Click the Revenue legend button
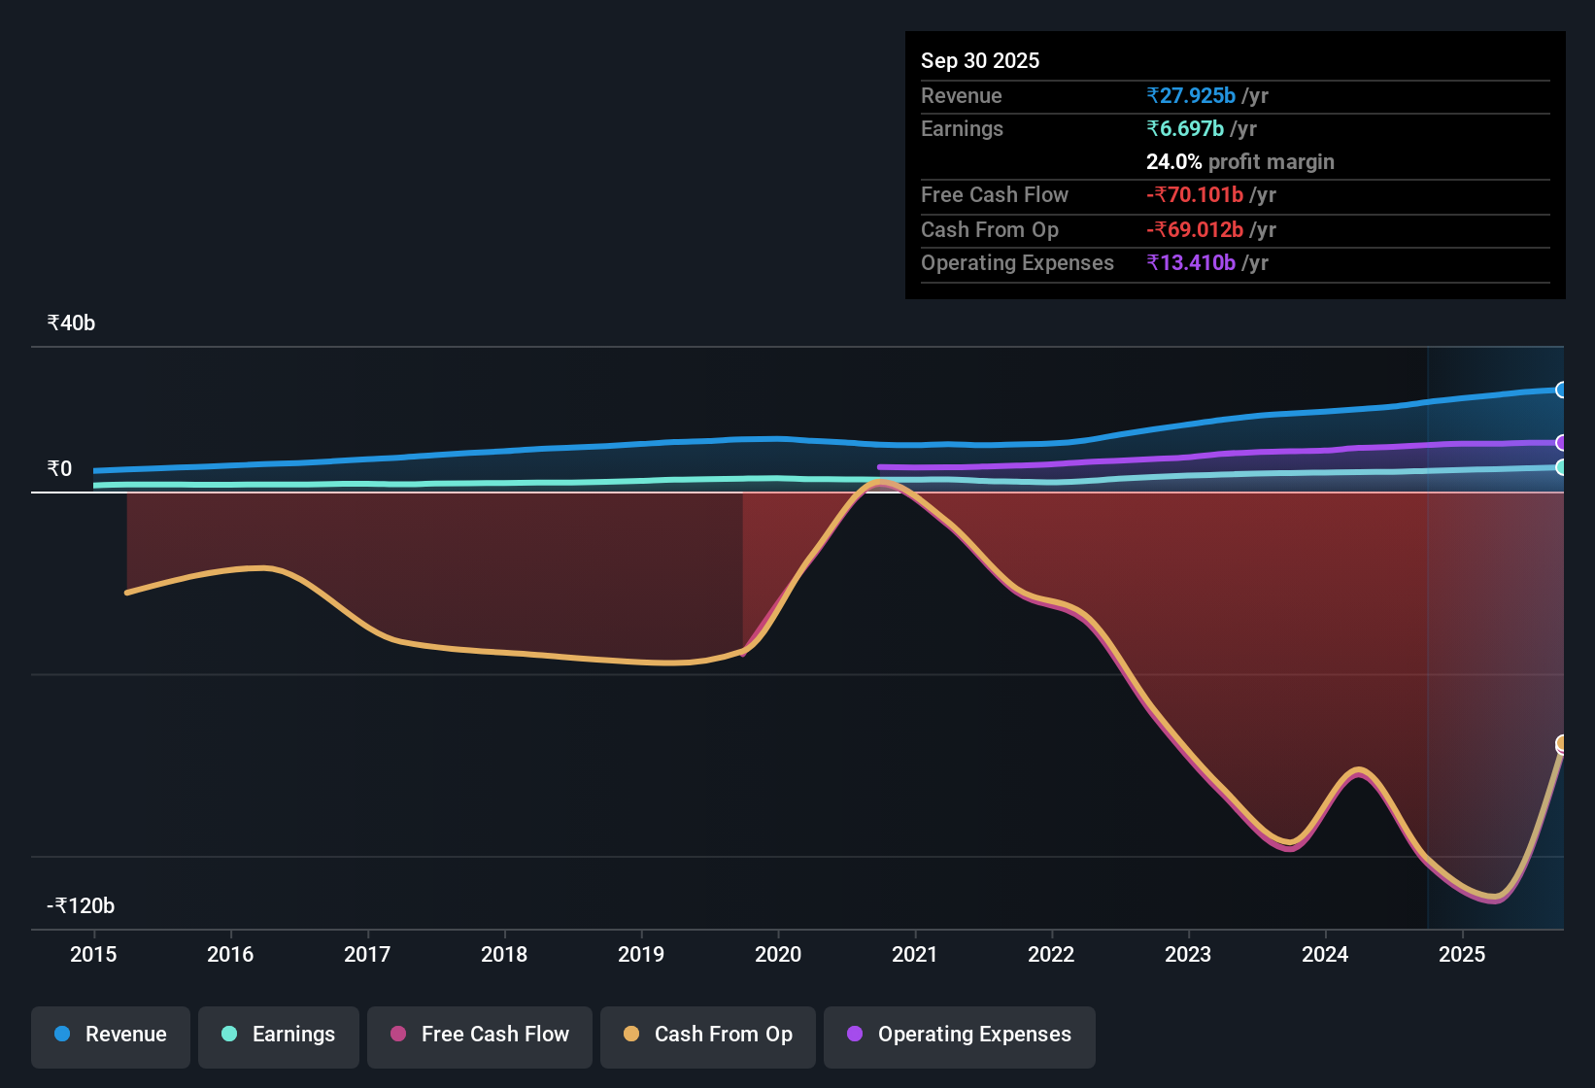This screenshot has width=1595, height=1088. (111, 1035)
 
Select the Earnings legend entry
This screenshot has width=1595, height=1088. (279, 1035)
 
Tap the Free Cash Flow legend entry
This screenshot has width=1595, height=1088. (480, 1035)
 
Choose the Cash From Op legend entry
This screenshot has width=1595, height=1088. (708, 1035)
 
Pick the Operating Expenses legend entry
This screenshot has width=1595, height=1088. (960, 1035)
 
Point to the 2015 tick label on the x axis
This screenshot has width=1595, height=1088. (93, 954)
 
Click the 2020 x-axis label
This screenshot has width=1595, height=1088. (778, 954)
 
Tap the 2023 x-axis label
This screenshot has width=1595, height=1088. (1188, 954)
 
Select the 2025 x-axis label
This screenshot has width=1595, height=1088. (1462, 954)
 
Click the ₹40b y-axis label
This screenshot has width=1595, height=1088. (71, 323)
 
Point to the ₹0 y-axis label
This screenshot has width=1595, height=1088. (59, 469)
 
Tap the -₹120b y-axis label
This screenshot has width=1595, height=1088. (81, 906)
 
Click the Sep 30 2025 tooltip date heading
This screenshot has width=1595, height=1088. (980, 60)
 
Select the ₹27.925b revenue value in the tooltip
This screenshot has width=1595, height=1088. (1191, 95)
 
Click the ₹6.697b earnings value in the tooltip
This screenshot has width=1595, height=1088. (1185, 128)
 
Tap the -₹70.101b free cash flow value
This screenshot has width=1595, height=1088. (1195, 194)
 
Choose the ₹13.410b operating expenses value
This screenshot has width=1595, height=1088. (1191, 262)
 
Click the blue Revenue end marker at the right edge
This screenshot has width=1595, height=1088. (1561, 390)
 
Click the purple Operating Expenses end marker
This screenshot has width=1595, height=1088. (1561, 443)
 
